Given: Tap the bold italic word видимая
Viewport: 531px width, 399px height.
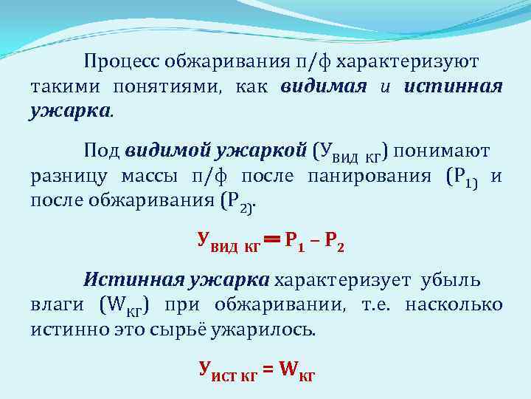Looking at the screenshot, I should (x=323, y=86).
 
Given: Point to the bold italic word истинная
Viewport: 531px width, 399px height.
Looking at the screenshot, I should (x=454, y=86).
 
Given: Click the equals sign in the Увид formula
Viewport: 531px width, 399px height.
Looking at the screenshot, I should (x=272, y=240).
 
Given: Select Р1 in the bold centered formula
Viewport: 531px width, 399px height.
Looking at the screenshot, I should (x=295, y=241).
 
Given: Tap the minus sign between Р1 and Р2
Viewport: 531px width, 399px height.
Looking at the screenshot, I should (x=314, y=241).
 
